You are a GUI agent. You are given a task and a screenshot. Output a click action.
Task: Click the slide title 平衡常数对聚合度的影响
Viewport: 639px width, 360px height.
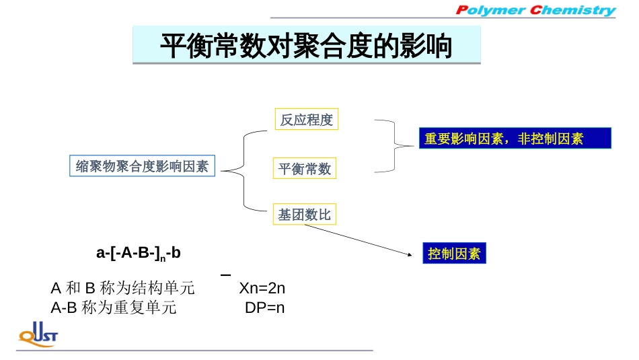[x=306, y=46]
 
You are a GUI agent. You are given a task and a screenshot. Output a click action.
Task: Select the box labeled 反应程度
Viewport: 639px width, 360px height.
[x=306, y=120]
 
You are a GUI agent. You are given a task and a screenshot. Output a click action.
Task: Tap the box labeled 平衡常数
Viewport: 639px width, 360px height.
[x=305, y=168]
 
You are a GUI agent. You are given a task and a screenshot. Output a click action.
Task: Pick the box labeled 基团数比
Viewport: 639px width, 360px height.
[x=304, y=215]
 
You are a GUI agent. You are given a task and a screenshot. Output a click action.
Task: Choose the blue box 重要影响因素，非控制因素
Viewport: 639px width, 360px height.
[x=515, y=139]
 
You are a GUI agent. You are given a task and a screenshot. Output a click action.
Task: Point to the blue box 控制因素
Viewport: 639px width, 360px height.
[x=454, y=254]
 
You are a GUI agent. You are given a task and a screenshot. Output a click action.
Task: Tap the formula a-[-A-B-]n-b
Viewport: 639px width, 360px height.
[x=139, y=254]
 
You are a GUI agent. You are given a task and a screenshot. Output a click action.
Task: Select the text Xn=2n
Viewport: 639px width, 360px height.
[x=262, y=289]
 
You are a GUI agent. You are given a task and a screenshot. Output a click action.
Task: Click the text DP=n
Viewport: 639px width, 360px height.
[x=265, y=308]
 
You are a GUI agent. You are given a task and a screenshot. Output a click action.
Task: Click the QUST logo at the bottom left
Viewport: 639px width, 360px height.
[x=38, y=334]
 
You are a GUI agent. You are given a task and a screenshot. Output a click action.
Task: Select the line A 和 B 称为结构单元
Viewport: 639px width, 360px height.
[x=123, y=289]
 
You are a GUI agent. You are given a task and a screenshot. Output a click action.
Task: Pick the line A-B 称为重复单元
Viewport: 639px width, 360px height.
[x=114, y=308]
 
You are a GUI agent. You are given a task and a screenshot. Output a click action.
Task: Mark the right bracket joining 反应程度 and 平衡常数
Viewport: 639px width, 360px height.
[x=393, y=145]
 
